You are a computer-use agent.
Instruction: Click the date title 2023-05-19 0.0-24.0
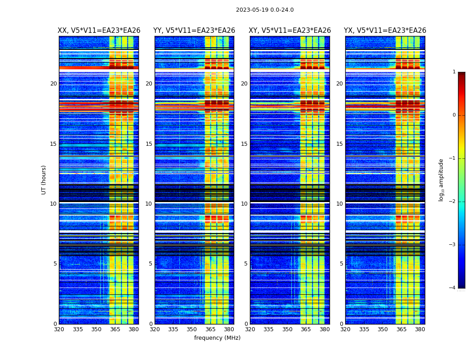265,10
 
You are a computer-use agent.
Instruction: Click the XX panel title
99,31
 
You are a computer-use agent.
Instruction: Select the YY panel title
194,31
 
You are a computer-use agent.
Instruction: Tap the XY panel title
290,31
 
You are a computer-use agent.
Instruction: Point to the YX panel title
385,31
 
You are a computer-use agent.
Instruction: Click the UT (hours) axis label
44,180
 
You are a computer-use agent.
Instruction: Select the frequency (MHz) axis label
217,338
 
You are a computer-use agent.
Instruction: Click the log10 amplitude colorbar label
441,180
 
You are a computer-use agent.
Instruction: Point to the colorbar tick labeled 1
454,72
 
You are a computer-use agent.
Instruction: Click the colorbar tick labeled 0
454,115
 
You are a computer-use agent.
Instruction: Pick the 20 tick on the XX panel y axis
53,84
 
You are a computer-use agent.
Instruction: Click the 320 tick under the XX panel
59,329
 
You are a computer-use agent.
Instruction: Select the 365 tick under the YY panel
211,329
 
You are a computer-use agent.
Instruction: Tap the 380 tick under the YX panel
420,329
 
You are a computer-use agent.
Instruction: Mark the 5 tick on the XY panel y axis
246,264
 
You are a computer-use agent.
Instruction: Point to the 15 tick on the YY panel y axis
149,144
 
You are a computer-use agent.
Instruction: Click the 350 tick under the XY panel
287,329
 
